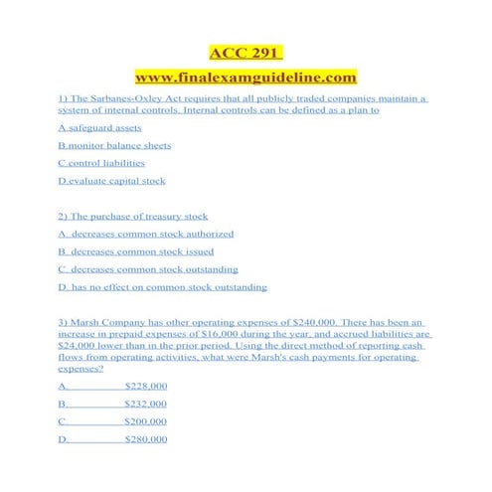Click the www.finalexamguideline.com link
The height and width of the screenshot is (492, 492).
coord(246,77)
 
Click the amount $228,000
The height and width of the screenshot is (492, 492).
coord(146,386)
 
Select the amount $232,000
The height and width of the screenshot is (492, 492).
coord(146,404)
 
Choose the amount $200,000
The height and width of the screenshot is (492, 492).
coord(146,421)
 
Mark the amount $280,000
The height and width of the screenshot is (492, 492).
coord(146,439)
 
